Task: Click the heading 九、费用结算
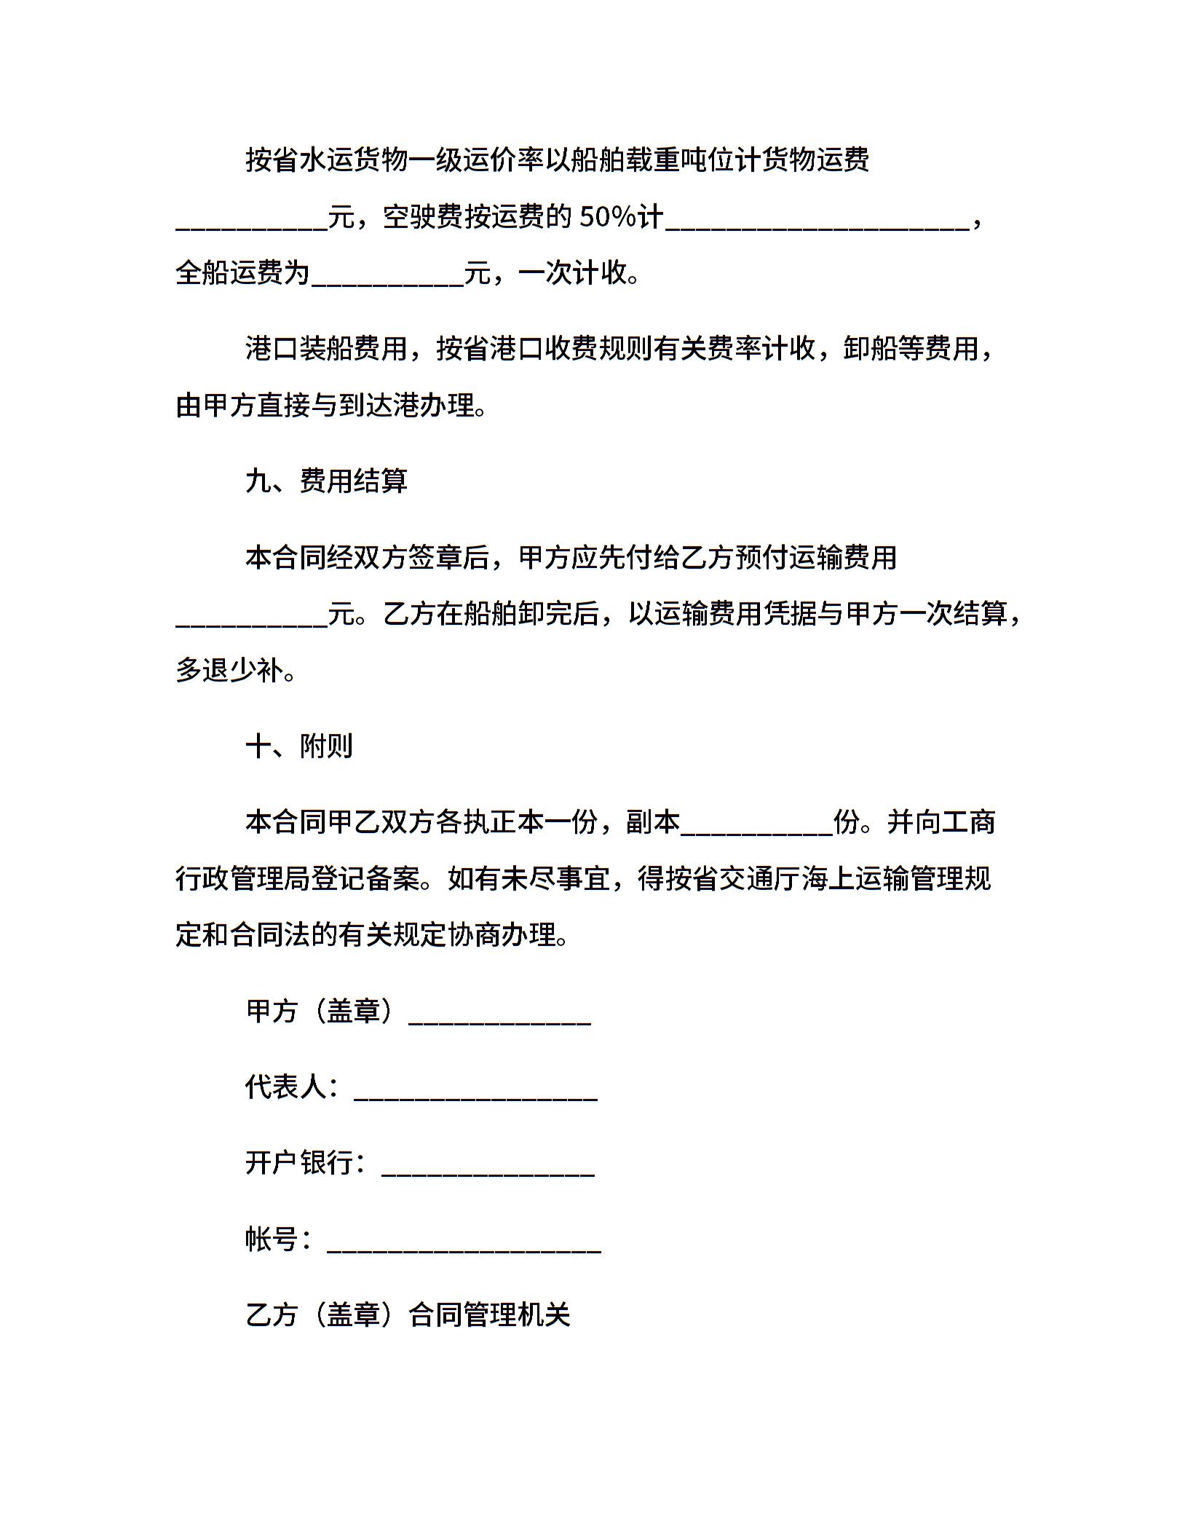(x=326, y=481)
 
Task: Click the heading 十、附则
(x=299, y=746)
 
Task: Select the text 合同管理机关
(x=489, y=1314)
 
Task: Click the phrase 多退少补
(x=230, y=671)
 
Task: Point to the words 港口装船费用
(x=327, y=349)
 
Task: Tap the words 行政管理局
(x=244, y=879)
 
